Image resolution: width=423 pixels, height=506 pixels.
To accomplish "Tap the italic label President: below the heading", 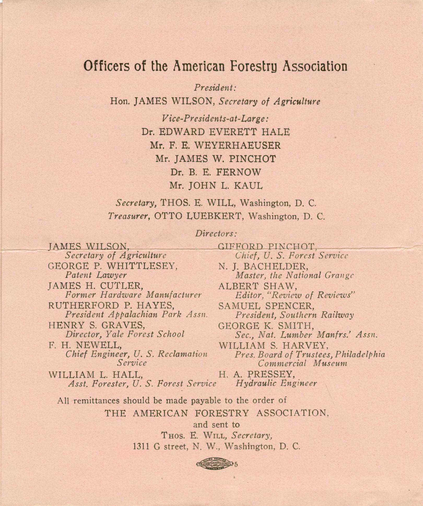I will [x=215, y=88].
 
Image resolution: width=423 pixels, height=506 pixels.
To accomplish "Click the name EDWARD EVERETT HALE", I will [x=224, y=132].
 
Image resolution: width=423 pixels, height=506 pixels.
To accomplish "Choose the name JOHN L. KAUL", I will [x=225, y=186].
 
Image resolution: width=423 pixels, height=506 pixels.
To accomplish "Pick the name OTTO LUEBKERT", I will [x=198, y=216].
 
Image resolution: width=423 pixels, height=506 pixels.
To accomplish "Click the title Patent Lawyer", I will [x=96, y=275].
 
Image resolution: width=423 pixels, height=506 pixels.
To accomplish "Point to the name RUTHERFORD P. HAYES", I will [x=111, y=305].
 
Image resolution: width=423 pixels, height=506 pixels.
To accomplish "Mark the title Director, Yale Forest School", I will [x=125, y=334].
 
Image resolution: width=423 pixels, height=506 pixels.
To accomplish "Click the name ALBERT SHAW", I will [x=257, y=286].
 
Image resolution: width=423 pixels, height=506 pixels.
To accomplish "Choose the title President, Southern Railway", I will [x=294, y=315].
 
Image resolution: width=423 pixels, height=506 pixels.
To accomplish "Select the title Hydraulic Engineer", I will [x=276, y=383].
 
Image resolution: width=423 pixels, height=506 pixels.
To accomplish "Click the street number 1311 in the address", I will [x=141, y=447].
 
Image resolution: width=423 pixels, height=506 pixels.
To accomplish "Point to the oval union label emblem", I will [x=214, y=464].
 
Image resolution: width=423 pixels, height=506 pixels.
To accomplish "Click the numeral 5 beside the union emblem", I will [x=236, y=464].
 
